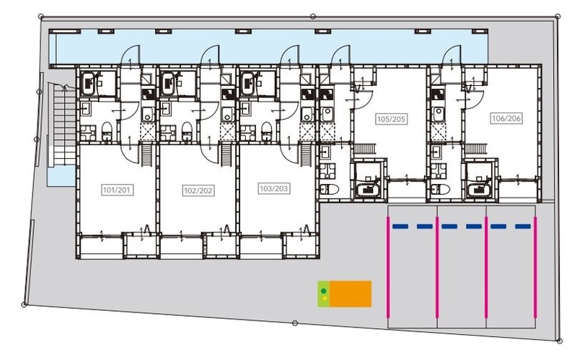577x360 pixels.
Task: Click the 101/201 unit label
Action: coord(117,190)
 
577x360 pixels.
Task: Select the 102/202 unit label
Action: coord(198,190)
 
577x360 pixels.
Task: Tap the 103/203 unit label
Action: coord(274,188)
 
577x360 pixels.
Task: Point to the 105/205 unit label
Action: coord(391,119)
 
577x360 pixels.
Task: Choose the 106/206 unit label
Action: coord(506,118)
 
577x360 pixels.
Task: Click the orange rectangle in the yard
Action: coord(351,294)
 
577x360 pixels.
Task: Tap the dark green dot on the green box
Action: coord(323,291)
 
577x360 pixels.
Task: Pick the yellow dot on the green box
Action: coord(324,298)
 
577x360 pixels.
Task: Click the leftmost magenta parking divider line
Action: coord(388,267)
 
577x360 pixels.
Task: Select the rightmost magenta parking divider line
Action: coord(535,267)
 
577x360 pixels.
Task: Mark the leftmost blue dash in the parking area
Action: coord(400,227)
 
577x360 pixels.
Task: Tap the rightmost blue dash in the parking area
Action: coord(523,227)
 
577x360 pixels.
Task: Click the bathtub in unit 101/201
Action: coord(88,84)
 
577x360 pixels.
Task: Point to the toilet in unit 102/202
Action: coord(187,131)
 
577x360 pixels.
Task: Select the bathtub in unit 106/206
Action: coord(479,189)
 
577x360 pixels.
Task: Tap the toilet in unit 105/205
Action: coord(330,190)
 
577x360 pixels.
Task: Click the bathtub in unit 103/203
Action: coord(247,84)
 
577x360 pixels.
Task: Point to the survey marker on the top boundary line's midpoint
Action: coord(313,16)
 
